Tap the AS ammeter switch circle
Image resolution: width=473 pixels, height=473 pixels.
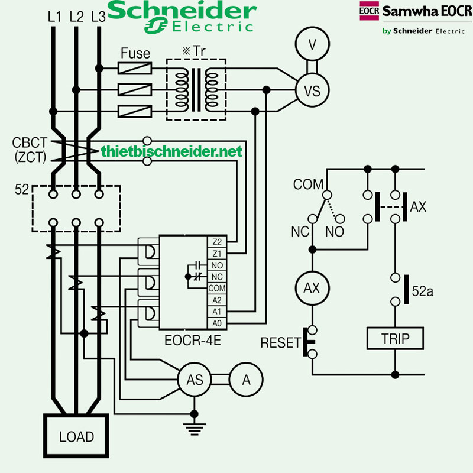click(195, 380)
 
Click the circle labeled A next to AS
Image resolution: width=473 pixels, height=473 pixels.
click(246, 380)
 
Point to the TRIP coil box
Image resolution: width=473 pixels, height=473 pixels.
click(395, 339)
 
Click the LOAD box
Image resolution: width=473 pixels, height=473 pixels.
click(76, 437)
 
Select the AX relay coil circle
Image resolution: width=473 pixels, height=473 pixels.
click(312, 289)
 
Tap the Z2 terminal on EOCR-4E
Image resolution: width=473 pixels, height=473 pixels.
click(216, 242)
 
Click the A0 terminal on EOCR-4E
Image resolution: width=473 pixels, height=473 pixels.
click(216, 323)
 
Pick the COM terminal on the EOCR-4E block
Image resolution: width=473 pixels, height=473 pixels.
click(216, 289)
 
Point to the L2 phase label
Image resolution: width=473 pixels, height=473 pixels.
click(76, 18)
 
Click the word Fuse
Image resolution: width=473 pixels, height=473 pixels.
click(135, 53)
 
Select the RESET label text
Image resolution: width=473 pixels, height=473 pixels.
click(281, 343)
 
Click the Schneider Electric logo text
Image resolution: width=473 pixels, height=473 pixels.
click(182, 17)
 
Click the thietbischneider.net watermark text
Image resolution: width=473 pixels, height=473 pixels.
click(171, 152)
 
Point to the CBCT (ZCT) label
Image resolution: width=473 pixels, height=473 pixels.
click(27, 150)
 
